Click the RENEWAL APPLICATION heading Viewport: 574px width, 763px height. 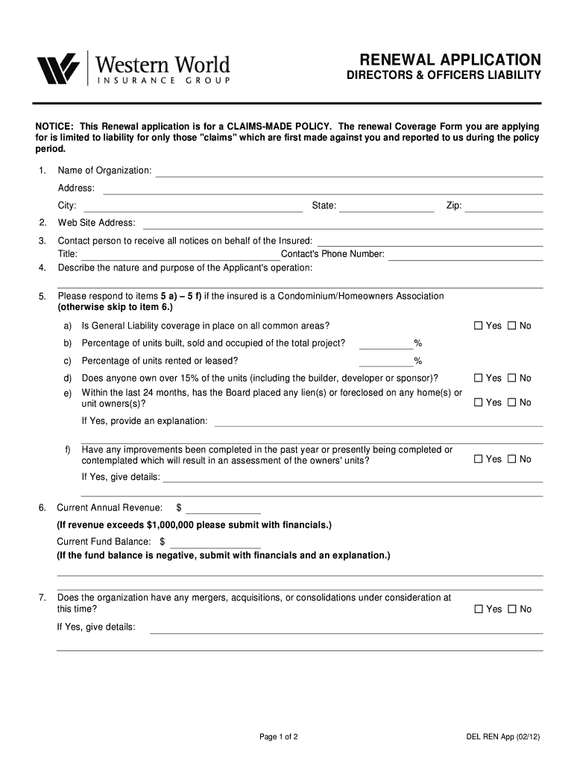[450, 60]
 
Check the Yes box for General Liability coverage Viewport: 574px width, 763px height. [479, 326]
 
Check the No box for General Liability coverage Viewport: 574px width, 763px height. [512, 326]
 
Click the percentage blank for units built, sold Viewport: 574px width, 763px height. [386, 345]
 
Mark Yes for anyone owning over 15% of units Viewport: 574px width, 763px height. [479, 378]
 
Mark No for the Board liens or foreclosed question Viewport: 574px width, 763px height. [512, 402]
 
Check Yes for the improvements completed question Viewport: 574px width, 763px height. [479, 459]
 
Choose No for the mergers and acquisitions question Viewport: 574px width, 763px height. [512, 609]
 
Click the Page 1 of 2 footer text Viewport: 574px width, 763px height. [279, 737]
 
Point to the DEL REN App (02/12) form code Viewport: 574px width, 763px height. [498, 737]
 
